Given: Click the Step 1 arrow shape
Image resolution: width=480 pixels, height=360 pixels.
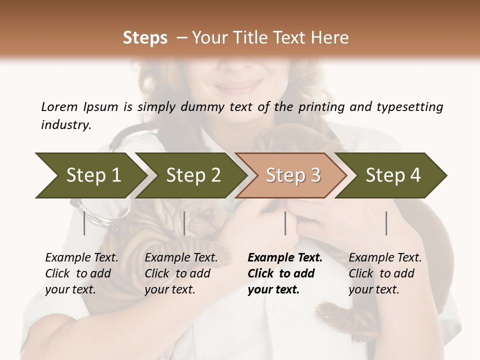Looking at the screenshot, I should tap(90, 175).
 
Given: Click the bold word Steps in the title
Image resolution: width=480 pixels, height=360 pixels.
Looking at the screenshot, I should tap(145, 38).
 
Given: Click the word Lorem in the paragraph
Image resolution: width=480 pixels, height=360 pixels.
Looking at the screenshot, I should tap(59, 106).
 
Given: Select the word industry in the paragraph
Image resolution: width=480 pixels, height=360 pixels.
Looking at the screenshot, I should tap(66, 124).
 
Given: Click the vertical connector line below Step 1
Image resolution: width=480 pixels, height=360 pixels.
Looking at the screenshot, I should tap(84, 223).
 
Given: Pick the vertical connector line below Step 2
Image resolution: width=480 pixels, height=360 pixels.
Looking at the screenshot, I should tap(184, 223).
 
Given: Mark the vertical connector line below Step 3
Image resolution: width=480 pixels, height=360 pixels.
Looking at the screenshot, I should tap(285, 223).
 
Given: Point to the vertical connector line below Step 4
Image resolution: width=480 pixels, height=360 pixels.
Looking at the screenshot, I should tap(386, 223).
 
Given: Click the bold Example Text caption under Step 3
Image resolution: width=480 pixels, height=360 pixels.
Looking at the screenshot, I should tap(285, 273).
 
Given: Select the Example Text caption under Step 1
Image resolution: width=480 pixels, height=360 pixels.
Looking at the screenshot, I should tap(81, 273).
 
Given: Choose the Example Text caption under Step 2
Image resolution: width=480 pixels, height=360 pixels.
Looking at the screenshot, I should tap(181, 273).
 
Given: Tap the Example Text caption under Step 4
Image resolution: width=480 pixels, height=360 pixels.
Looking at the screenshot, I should tap(385, 273).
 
